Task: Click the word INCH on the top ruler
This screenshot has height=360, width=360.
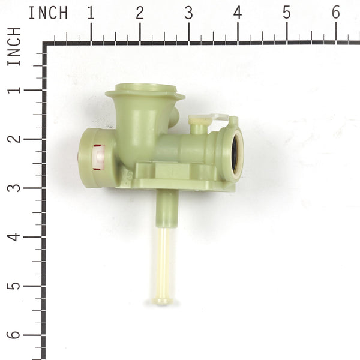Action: [x=48, y=12]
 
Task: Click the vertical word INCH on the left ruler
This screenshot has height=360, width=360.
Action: [x=14, y=46]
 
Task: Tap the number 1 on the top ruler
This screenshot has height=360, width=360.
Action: [x=91, y=13]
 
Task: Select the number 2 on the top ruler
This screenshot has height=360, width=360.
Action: [x=140, y=13]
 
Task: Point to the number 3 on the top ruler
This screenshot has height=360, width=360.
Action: [x=188, y=13]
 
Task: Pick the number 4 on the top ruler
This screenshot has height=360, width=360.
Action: [x=238, y=13]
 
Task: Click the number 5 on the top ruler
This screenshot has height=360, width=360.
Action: [x=286, y=13]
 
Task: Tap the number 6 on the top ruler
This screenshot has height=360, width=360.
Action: [x=335, y=13]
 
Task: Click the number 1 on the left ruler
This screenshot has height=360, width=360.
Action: [x=14, y=90]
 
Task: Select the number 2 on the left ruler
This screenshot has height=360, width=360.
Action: [x=14, y=139]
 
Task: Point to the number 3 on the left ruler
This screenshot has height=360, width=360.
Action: [x=14, y=188]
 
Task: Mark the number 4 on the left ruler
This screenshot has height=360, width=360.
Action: [x=14, y=236]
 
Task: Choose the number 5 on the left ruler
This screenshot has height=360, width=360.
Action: [x=14, y=286]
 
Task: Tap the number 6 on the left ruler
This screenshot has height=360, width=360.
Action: [x=14, y=335]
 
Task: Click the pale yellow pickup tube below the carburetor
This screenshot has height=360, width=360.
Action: [x=163, y=258]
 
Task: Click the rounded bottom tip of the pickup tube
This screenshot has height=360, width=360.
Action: [x=162, y=299]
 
